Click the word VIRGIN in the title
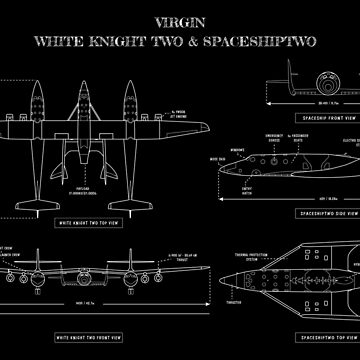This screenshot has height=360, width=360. point(180,21)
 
